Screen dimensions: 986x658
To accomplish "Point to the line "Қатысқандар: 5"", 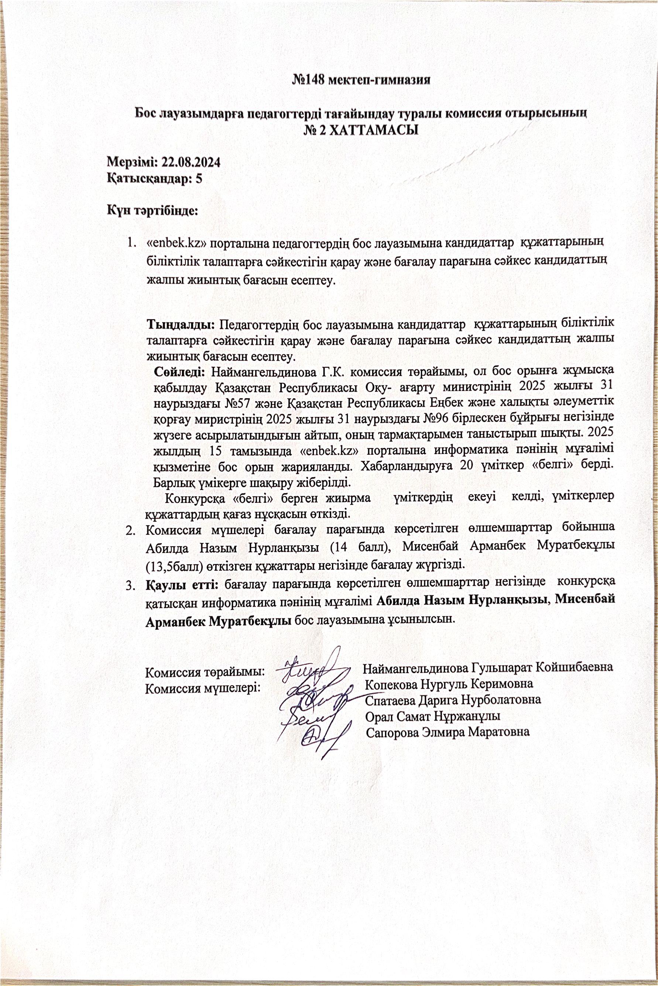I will (x=155, y=179).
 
